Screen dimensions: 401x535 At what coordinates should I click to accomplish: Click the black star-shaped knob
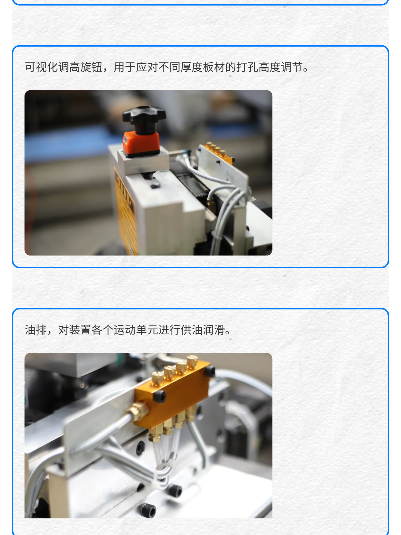point(144,116)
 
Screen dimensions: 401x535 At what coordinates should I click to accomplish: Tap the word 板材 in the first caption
point(214,67)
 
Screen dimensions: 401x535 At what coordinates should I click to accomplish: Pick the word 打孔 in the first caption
point(247,67)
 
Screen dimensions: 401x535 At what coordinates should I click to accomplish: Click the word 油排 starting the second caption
point(36,330)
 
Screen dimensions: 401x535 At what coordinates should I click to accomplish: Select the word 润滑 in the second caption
point(214,330)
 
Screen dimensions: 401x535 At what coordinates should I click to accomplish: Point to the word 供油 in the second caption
point(191,330)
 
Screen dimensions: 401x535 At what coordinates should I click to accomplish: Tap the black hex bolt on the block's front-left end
point(160,396)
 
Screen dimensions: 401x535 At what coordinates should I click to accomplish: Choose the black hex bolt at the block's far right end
point(209,371)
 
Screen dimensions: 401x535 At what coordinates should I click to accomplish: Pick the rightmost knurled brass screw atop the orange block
point(192,362)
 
